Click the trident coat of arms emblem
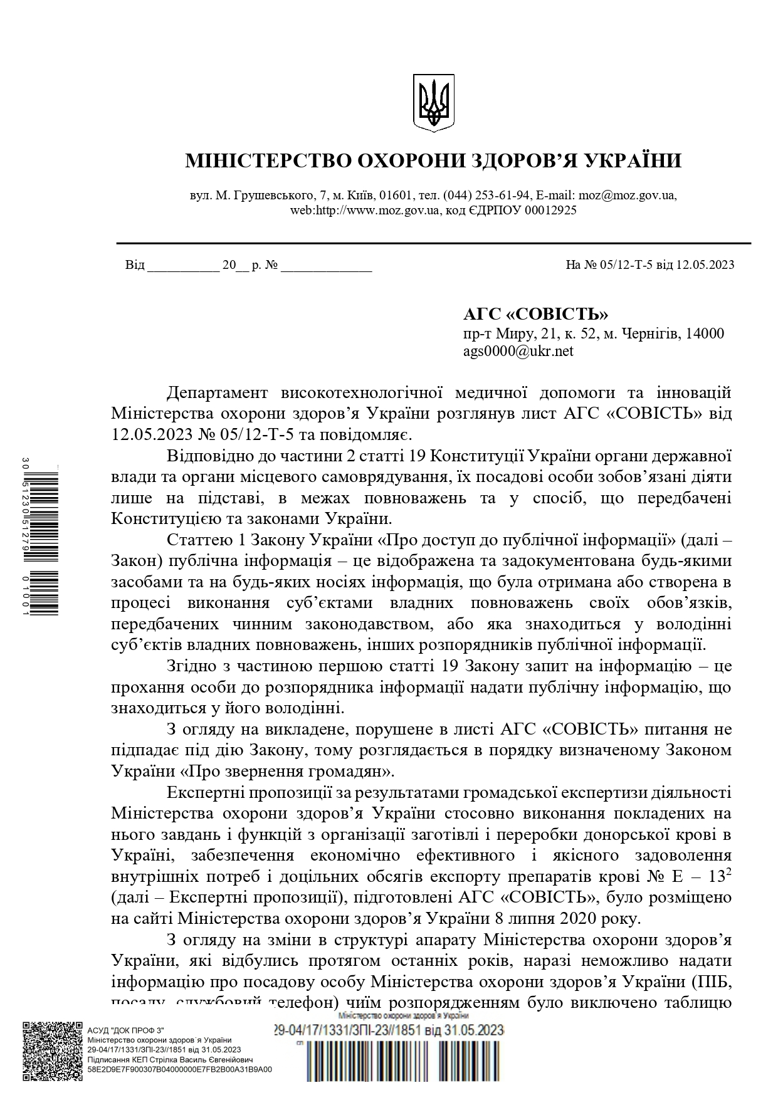(433, 103)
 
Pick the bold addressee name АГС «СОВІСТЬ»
(535, 314)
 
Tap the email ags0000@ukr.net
(518, 351)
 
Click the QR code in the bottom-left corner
(53, 1051)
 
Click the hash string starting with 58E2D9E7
(180, 1069)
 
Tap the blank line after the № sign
(327, 268)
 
